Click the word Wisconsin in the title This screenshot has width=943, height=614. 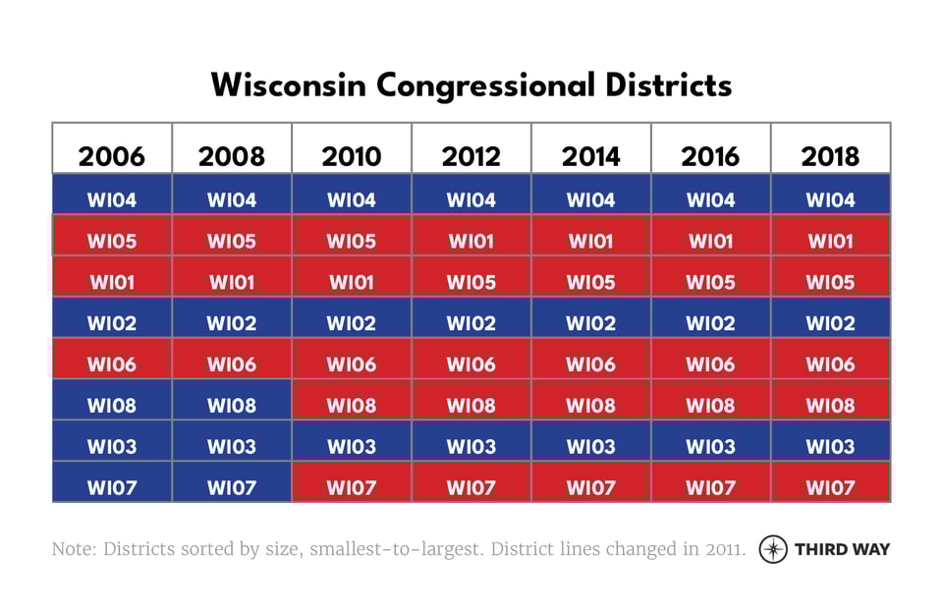click(289, 84)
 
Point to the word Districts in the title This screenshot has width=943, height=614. click(668, 84)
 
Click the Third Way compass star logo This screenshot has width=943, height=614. click(773, 549)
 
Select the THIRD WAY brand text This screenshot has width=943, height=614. click(842, 549)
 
